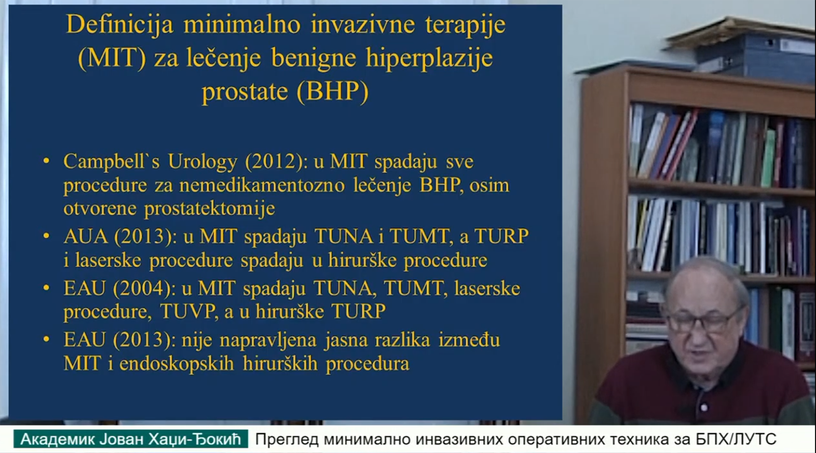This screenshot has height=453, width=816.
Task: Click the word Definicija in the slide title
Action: tap(119, 26)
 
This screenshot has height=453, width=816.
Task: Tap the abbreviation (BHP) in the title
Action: tap(333, 91)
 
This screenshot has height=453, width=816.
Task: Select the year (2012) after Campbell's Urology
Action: tap(273, 161)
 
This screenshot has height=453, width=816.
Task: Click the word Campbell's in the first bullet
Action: tap(112, 161)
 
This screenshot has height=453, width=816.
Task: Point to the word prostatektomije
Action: tap(210, 209)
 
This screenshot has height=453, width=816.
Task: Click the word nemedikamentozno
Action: tap(262, 185)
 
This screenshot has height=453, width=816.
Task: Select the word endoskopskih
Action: tap(176, 364)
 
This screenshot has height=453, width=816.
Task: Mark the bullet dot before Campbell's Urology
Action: tap(46, 161)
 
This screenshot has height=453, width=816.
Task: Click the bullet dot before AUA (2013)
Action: tap(46, 236)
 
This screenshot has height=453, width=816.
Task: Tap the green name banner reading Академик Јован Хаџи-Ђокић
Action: tap(131, 439)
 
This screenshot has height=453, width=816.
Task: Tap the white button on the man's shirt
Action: tap(704, 407)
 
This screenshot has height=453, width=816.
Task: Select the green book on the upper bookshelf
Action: tap(768, 159)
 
